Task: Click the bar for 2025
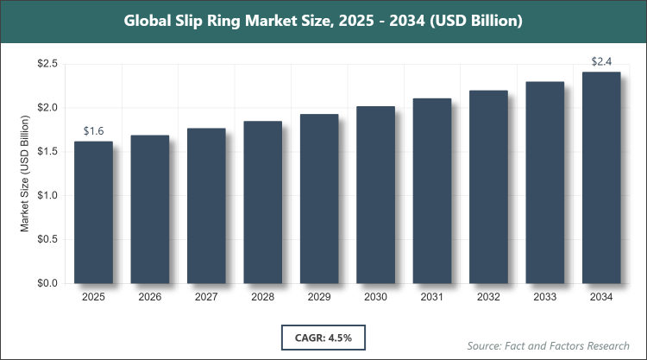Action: (93, 212)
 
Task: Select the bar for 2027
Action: (206, 205)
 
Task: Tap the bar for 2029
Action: (319, 199)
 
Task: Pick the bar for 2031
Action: (432, 191)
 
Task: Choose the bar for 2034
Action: (601, 178)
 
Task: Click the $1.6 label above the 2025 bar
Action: (93, 131)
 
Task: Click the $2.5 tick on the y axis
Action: (47, 64)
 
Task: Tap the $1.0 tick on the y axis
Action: (47, 196)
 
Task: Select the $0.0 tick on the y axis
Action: (47, 283)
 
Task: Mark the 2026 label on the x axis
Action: (150, 297)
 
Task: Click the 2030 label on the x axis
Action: (375, 297)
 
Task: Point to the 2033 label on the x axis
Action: (545, 297)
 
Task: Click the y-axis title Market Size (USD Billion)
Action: (26, 174)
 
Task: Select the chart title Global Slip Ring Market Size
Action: (323, 20)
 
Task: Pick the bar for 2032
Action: (488, 187)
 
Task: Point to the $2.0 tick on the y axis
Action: (47, 108)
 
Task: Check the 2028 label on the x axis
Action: (262, 297)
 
